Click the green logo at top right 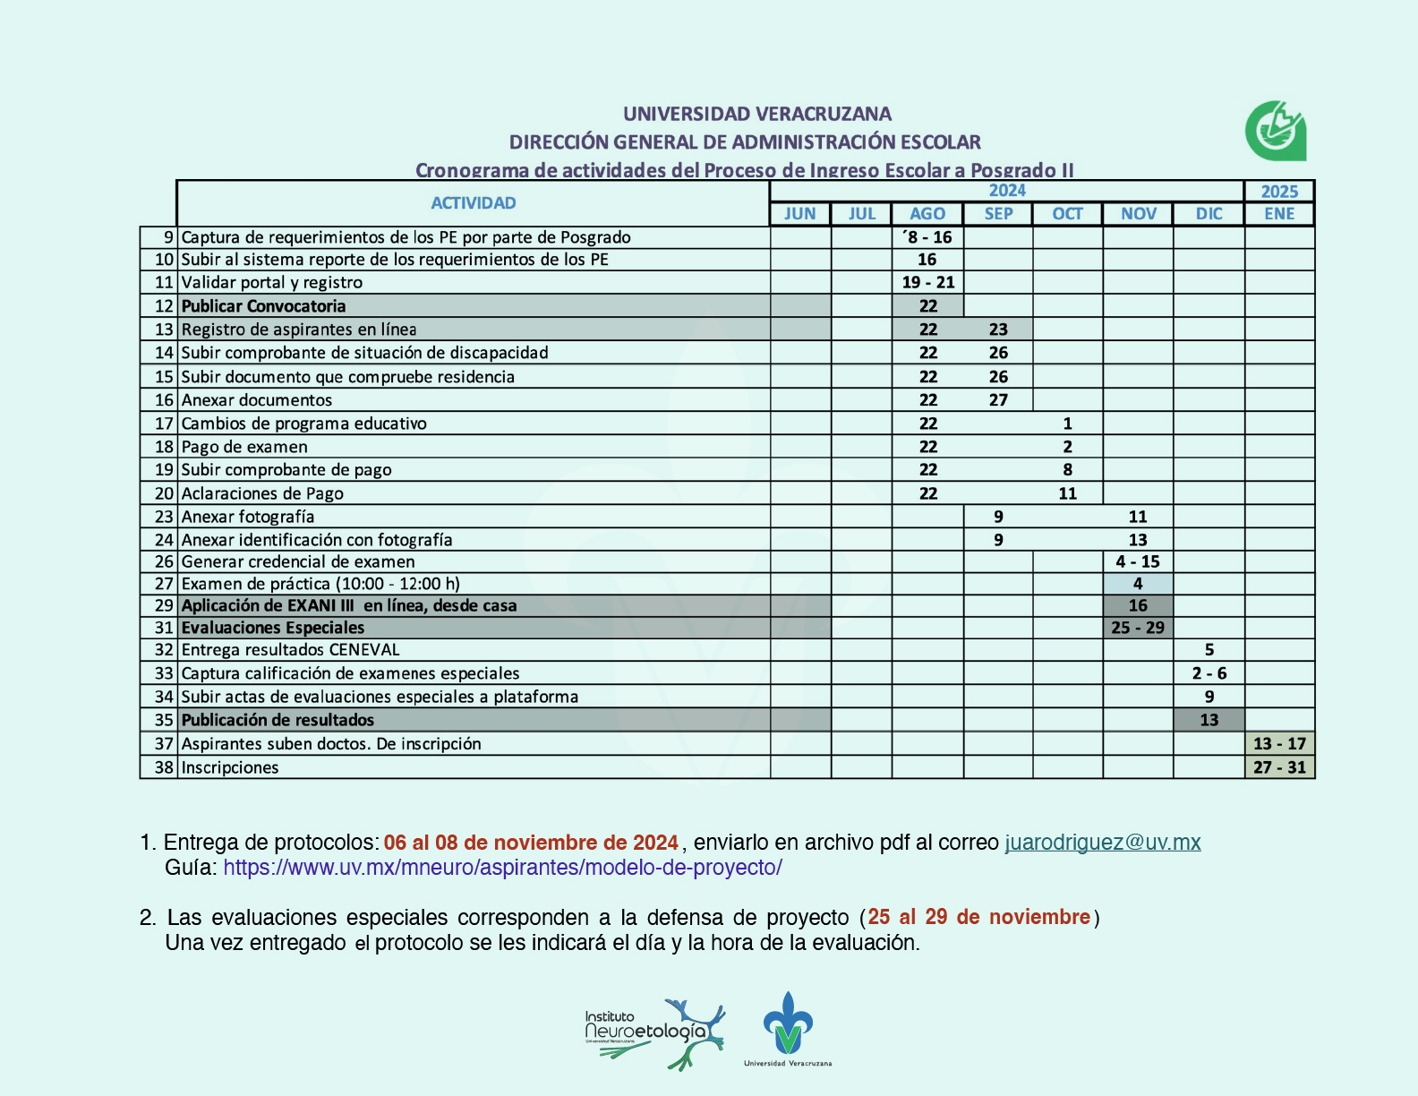point(1276,131)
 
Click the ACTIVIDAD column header point(474,203)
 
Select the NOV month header point(1138,214)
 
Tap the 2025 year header point(1279,192)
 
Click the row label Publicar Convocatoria point(263,306)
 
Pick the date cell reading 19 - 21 point(928,282)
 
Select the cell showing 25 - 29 point(1138,628)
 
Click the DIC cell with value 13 point(1209,720)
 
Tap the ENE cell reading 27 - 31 point(1279,767)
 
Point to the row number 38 point(164,767)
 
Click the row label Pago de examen point(244,447)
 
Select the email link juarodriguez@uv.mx point(1103,843)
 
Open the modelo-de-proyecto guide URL point(502,868)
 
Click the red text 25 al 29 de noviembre point(979,917)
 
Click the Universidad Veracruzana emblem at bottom point(788,1028)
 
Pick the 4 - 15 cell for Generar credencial point(1138,561)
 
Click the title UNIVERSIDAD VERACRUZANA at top point(757,114)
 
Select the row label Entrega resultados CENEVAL point(290,650)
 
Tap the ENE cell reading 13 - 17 point(1279,743)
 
